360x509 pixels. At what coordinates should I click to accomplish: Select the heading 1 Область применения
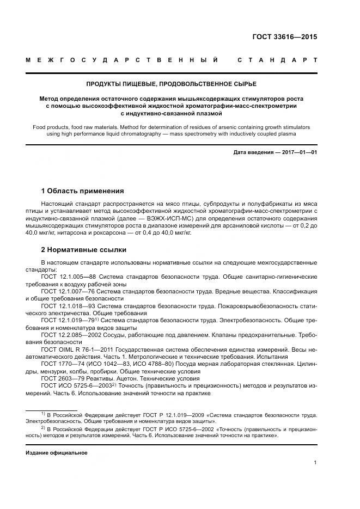[82, 191]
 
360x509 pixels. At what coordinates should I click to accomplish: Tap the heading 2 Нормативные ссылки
[84, 249]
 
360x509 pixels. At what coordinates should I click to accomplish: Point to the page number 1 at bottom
[315, 463]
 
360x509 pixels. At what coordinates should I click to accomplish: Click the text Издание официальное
[56, 452]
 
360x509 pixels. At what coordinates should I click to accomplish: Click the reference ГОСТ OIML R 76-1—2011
[76, 350]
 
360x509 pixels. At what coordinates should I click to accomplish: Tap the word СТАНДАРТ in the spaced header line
[277, 60]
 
